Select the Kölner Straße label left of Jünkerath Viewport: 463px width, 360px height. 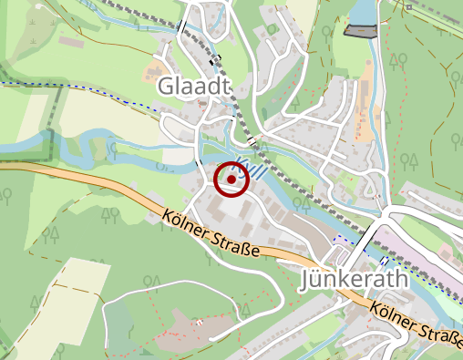click(213, 235)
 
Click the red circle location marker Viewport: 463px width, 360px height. click(232, 180)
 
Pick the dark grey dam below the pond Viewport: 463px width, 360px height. click(361, 31)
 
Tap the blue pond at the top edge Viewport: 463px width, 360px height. click(362, 11)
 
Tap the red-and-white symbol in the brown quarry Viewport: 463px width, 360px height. click(198, 324)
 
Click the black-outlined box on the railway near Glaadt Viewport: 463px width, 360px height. click(216, 61)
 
